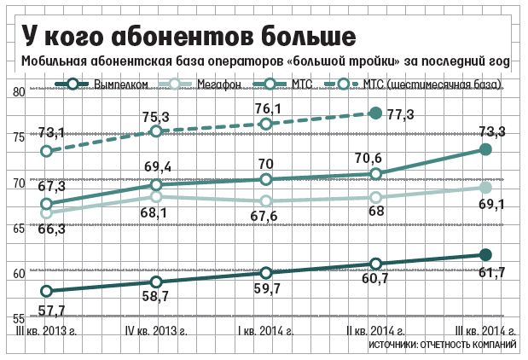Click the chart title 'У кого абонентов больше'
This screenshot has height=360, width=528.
click(x=188, y=37)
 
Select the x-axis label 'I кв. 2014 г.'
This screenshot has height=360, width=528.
click(x=267, y=330)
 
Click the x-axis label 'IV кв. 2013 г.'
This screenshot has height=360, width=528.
click(x=157, y=330)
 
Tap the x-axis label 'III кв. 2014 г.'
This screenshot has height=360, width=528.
click(x=484, y=330)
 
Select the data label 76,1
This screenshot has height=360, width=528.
click(x=267, y=108)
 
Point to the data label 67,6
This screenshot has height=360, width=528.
click(x=269, y=217)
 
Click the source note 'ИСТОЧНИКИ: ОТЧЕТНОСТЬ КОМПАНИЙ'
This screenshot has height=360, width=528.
click(x=443, y=345)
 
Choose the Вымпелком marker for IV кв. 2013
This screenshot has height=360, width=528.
click(x=156, y=282)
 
